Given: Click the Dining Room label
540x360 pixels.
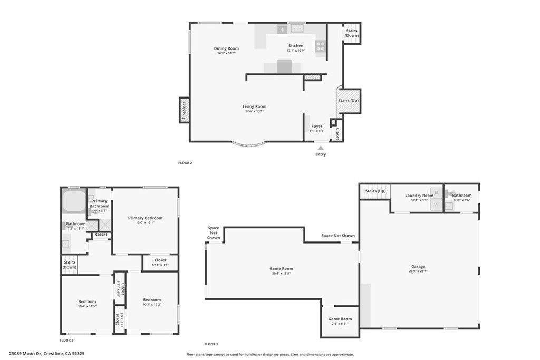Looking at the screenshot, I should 226,48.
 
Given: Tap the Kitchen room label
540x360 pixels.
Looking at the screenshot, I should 295,46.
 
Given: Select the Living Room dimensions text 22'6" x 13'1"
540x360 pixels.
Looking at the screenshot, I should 254,111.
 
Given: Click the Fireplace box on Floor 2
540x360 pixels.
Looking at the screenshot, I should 184,111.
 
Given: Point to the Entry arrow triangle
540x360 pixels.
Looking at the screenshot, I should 320,148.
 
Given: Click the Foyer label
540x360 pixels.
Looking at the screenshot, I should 316,126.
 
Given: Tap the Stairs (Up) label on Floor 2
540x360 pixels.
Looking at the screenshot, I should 348,100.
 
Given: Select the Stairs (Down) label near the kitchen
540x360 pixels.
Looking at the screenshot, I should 351,33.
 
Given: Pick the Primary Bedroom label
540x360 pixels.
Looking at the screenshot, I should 145,218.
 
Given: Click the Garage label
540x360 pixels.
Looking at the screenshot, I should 418,266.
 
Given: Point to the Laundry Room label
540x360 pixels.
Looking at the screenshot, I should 419,196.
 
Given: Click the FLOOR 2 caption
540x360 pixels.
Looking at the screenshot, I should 185,163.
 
